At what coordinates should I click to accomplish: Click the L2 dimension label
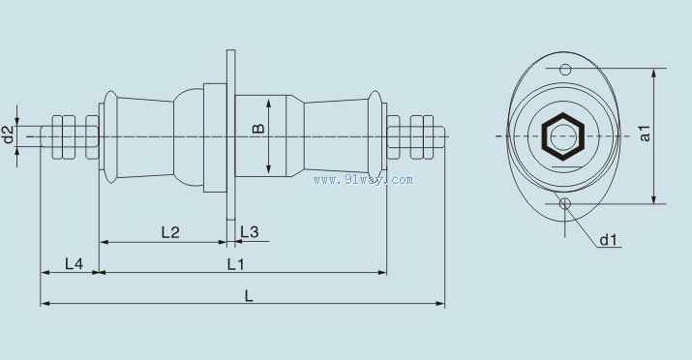170,232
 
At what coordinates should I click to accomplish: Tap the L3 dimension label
250,232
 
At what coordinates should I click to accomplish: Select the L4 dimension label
74,264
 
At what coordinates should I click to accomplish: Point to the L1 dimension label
236,264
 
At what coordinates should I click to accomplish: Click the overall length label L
249,296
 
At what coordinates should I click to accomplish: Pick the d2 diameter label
8,135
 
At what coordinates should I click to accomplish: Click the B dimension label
258,129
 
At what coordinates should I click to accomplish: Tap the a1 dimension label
645,134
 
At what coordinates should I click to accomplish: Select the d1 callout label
608,240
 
